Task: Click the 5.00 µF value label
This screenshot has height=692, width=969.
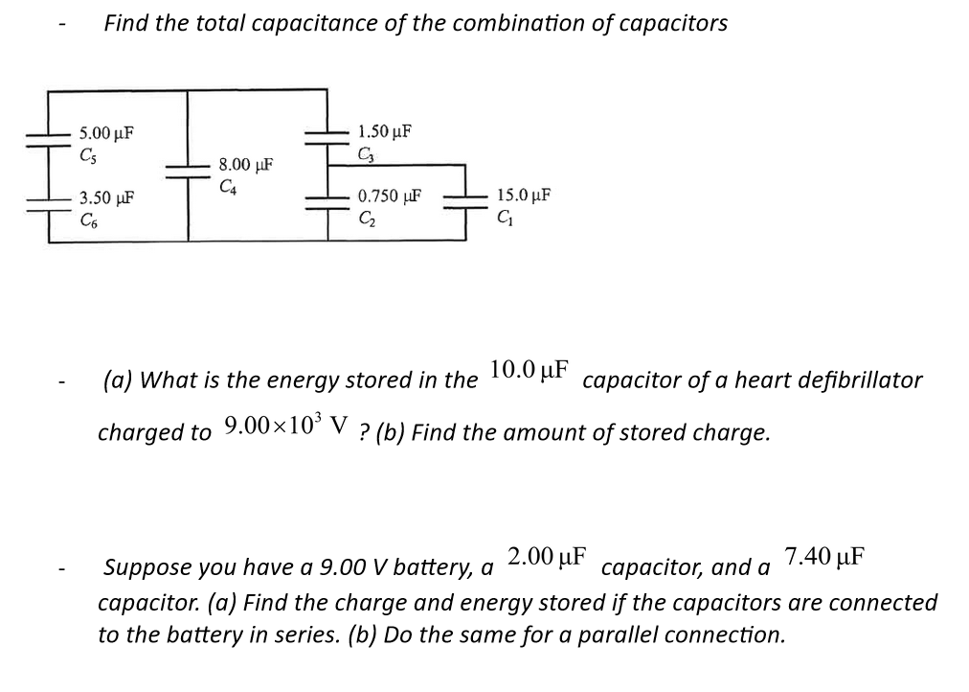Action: coord(105,131)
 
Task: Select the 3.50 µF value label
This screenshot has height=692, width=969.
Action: coord(105,198)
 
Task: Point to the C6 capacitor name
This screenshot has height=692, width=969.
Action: coord(88,218)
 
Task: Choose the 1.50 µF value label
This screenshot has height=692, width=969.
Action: coord(384,131)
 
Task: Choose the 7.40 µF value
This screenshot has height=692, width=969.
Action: coord(824,556)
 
